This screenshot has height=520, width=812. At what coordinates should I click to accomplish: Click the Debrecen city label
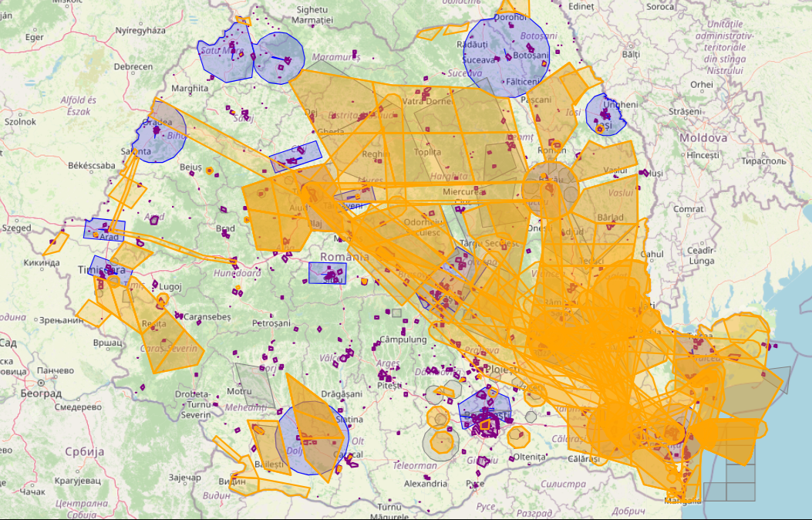[x=133, y=66]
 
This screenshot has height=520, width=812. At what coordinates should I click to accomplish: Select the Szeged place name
[x=16, y=228]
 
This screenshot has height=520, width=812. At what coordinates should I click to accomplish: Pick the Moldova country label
[x=702, y=138]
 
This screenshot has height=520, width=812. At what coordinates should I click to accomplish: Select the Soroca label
[x=660, y=7]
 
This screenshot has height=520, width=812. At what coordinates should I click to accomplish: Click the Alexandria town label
[x=426, y=484]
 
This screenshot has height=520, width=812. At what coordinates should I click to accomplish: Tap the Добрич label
[x=630, y=511]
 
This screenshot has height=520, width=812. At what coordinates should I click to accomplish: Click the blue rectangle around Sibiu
[x=327, y=273]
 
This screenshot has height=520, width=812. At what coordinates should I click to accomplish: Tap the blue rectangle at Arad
[x=103, y=230]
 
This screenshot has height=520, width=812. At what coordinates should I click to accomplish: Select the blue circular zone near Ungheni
[x=607, y=113]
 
